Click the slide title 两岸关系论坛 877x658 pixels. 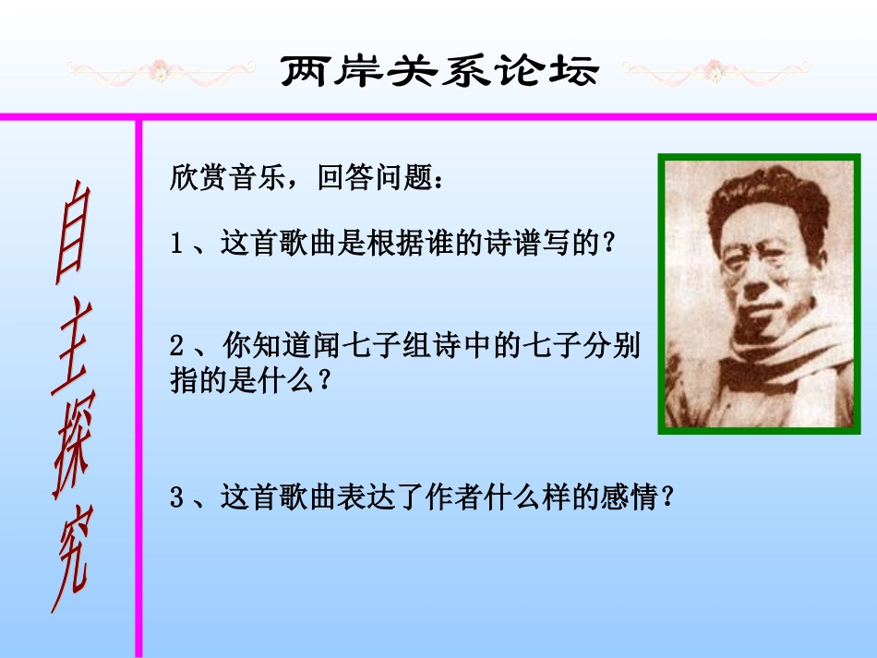pos(439,71)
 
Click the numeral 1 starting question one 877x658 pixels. pos(177,244)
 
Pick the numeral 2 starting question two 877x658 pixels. pos(177,347)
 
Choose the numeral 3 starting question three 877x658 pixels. pos(177,499)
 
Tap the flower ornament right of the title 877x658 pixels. pos(715,69)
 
